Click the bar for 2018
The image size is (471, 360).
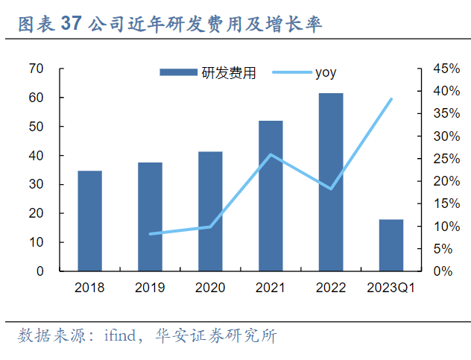pyautogui.click(x=89, y=221)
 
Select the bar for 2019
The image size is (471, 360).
pyautogui.click(x=150, y=216)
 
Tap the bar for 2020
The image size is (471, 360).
pyautogui.click(x=210, y=211)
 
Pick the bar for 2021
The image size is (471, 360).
pyautogui.click(x=271, y=195)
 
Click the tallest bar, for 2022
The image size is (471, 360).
pyautogui.click(x=331, y=182)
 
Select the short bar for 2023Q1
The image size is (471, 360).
pyautogui.click(x=391, y=245)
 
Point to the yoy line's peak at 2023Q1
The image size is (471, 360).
pyautogui.click(x=391, y=99)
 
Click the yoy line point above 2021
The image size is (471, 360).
pyautogui.click(x=271, y=155)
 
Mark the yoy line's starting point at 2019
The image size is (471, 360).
pyautogui.click(x=150, y=234)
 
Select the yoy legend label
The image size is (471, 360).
pyautogui.click(x=326, y=72)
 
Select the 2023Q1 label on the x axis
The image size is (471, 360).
pyautogui.click(x=391, y=287)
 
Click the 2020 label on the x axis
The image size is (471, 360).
pyautogui.click(x=210, y=287)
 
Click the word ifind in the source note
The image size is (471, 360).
pyautogui.click(x=118, y=335)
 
